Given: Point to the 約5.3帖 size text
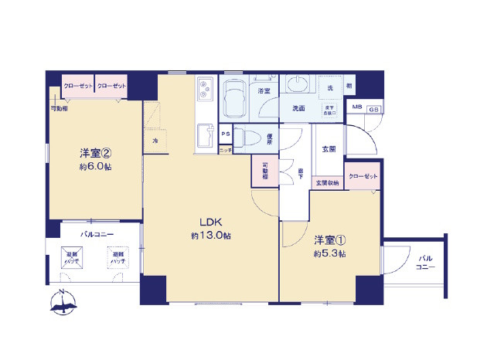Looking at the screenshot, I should coord(330,253).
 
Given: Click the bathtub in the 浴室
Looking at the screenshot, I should coord(237,98).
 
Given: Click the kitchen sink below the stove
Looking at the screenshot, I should coord(205,137).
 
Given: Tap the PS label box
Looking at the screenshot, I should coord(226,134).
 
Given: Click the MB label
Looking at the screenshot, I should coord(357,107).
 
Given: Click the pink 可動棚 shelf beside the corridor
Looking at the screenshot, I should coord(264,172).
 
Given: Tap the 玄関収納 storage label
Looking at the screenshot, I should coord(328,182).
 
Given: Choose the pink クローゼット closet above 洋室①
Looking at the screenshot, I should coord(363,178).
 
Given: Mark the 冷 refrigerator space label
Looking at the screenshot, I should coord(155,140).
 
